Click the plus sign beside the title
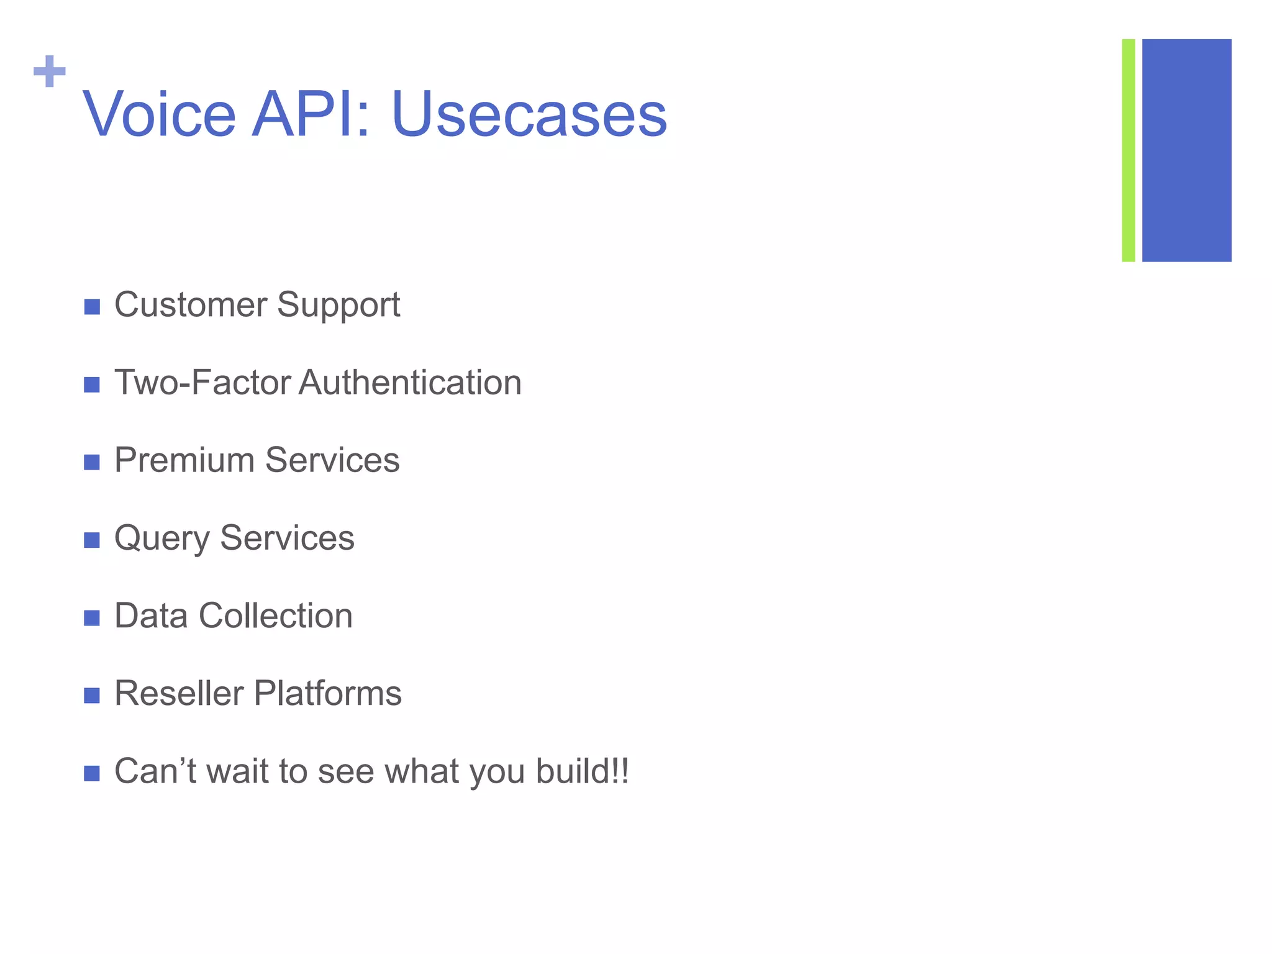pos(49,71)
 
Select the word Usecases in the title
pos(529,114)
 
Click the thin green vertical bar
pos(1128,150)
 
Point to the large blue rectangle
pos(1186,150)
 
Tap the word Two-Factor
pos(202,383)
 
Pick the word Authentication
pos(410,383)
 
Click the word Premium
pos(184,460)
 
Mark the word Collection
pos(276,616)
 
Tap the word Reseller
pos(179,694)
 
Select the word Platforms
pos(328,694)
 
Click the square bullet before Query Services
pos(92,540)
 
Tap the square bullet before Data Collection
pos(92,618)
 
